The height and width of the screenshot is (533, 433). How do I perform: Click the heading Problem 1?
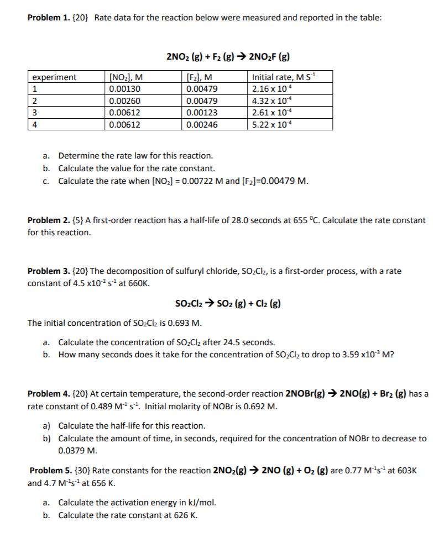[x=47, y=17]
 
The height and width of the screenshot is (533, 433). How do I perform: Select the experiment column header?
[x=54, y=78]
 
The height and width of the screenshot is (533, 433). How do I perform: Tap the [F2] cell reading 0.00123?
[x=202, y=113]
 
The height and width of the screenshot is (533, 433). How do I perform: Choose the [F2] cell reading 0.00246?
[x=202, y=125]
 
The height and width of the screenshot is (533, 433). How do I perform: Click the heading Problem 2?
[x=47, y=220]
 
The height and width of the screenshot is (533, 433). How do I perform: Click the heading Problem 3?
[x=47, y=271]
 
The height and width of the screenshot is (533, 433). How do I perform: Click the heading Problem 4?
[x=47, y=394]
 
